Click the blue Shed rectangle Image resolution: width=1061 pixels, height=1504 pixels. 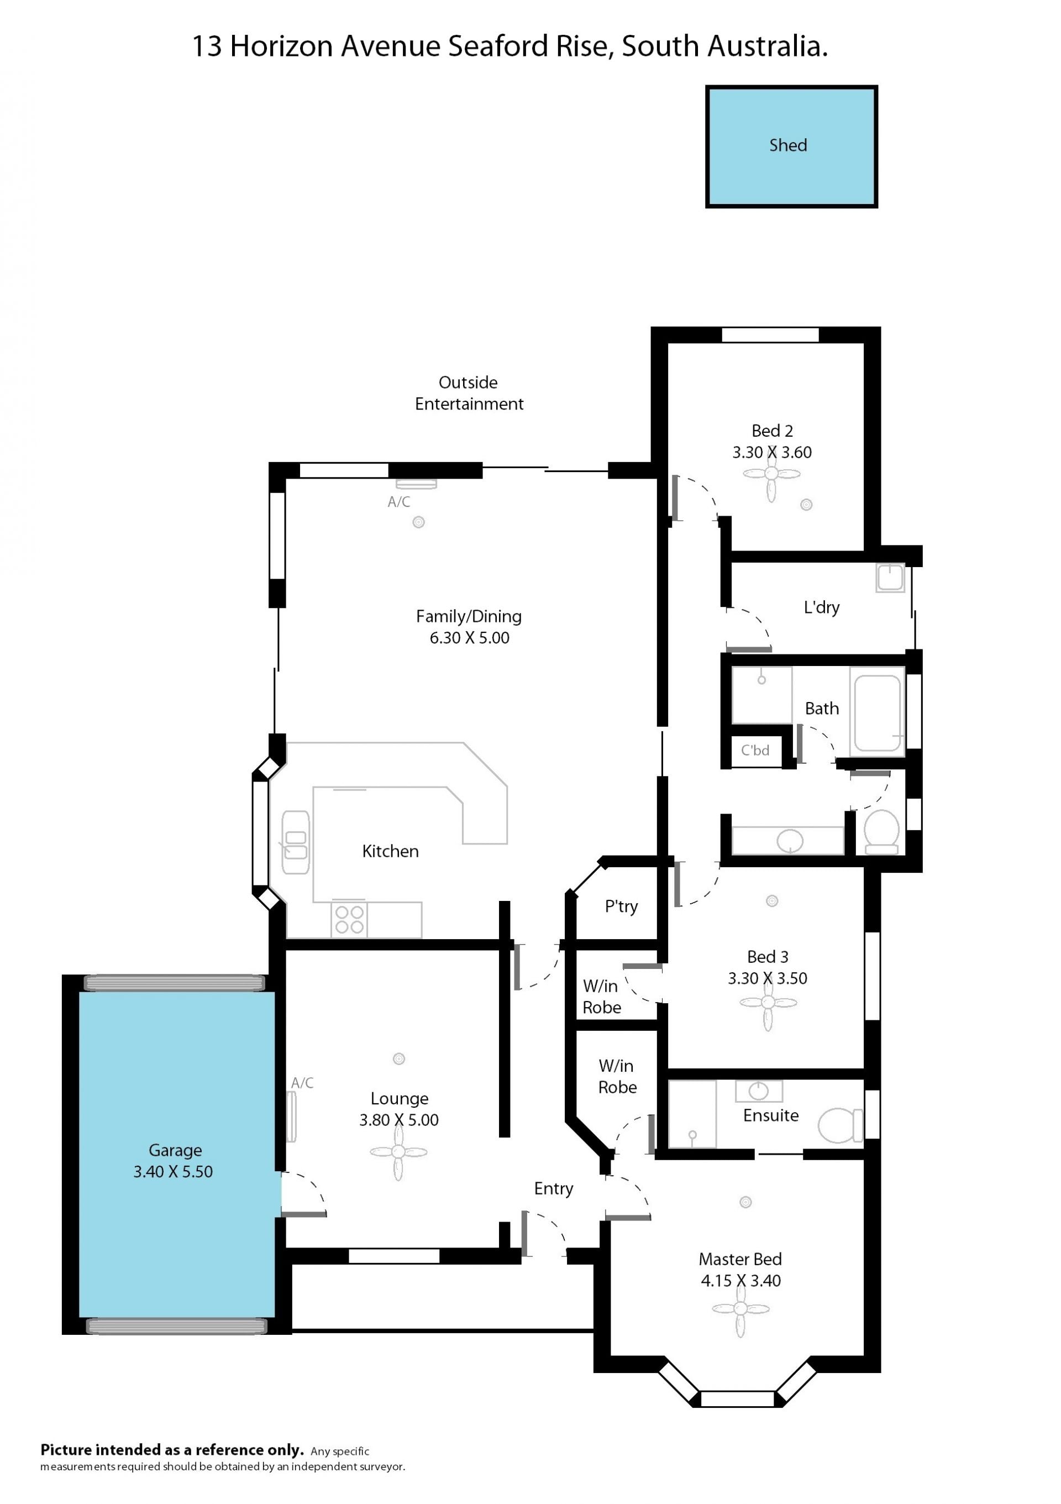[791, 146]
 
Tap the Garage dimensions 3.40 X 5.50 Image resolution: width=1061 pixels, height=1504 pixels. [173, 1172]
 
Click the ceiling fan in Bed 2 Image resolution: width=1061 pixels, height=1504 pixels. [771, 474]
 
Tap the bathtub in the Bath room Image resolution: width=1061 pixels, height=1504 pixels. [878, 712]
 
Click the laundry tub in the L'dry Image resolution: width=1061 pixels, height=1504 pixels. [890, 578]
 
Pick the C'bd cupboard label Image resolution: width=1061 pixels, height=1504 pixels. [755, 751]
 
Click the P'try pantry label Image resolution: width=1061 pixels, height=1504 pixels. [621, 906]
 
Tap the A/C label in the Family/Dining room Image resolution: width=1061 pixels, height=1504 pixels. [399, 502]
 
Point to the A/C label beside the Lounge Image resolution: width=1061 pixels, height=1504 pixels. [302, 1083]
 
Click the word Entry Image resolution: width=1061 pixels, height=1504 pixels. [553, 1189]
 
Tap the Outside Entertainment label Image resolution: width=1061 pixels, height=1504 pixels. [469, 393]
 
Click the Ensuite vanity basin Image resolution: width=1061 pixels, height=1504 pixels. [758, 1091]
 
